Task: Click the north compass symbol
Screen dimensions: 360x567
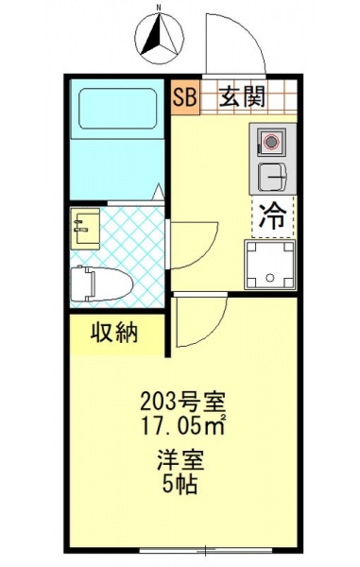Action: [159, 39]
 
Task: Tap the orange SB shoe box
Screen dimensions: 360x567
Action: [184, 97]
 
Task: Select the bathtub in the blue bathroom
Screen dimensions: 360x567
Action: [118, 109]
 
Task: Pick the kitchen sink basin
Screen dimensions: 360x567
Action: [272, 178]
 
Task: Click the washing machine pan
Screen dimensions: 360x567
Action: [269, 265]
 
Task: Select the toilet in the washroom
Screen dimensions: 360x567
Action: [101, 283]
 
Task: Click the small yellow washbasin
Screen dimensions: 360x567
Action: [85, 229]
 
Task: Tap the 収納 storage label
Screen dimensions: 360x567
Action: [114, 333]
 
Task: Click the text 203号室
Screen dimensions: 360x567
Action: [182, 403]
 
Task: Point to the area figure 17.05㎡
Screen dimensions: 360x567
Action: [183, 426]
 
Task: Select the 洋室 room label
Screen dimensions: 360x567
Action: [180, 460]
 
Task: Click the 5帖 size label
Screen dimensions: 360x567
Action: [180, 485]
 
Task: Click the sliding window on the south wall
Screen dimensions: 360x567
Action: [206, 551]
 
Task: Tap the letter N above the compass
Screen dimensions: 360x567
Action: [159, 7]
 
